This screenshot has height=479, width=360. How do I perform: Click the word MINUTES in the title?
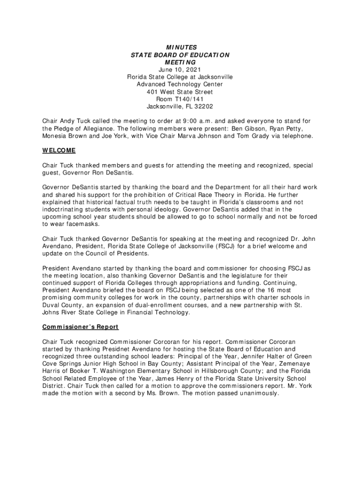tap(180, 47)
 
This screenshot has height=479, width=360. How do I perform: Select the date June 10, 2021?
tap(180, 70)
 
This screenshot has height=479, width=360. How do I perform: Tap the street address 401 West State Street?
tap(180, 92)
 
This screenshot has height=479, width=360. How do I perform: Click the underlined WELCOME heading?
tap(59, 151)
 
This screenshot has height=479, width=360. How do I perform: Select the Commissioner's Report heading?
tap(80, 327)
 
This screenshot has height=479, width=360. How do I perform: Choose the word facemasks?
tap(70, 225)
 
